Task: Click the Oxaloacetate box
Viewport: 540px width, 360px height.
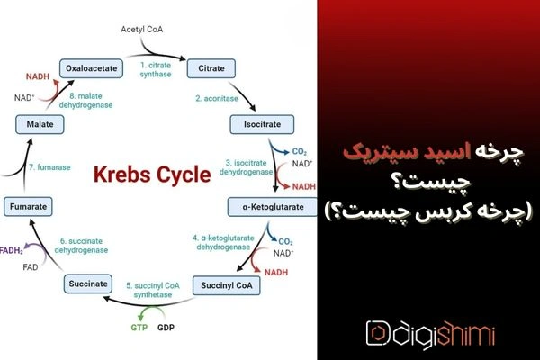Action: point(91,68)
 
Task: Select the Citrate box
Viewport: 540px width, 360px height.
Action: point(211,68)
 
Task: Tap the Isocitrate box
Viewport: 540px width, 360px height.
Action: point(262,124)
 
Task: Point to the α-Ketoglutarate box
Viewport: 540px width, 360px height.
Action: point(273,207)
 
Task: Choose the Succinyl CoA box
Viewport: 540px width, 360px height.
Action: point(226,285)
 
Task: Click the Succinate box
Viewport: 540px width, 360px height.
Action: point(88,283)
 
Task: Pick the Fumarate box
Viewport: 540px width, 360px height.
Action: point(28,207)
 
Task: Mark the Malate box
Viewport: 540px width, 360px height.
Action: point(40,124)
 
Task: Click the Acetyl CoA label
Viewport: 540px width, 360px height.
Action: point(141,30)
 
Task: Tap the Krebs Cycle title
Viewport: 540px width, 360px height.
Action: point(152,175)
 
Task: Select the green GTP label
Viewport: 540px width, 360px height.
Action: point(139,328)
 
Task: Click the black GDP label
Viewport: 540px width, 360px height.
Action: point(166,328)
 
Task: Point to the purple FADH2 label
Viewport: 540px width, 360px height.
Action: point(12,251)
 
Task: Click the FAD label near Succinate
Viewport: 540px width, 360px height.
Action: point(31,267)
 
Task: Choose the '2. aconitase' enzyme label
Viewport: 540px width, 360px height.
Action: point(217,98)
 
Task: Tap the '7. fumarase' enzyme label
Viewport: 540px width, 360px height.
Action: point(49,167)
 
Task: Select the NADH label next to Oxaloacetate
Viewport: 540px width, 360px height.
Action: point(38,76)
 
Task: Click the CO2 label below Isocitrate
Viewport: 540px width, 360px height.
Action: point(300,151)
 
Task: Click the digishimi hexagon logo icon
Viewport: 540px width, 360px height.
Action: point(378,333)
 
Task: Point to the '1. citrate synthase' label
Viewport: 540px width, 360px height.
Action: point(156,69)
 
